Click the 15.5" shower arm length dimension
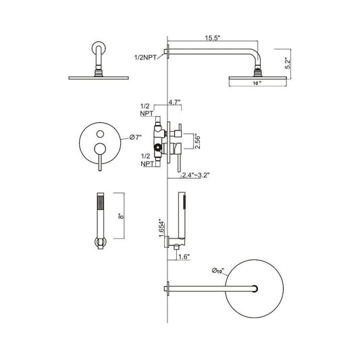pyautogui.click(x=213, y=38)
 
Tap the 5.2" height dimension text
pyautogui.click(x=288, y=64)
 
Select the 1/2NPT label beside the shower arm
pyautogui.click(x=145, y=57)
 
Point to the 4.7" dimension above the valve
pyautogui.click(x=174, y=102)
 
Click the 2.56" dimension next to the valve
pyautogui.click(x=197, y=143)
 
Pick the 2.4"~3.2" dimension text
pyautogui.click(x=196, y=175)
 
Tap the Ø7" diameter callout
pyautogui.click(x=136, y=137)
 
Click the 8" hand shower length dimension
pyautogui.click(x=122, y=216)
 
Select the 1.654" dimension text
pyautogui.click(x=162, y=229)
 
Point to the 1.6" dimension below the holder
pyautogui.click(x=184, y=257)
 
